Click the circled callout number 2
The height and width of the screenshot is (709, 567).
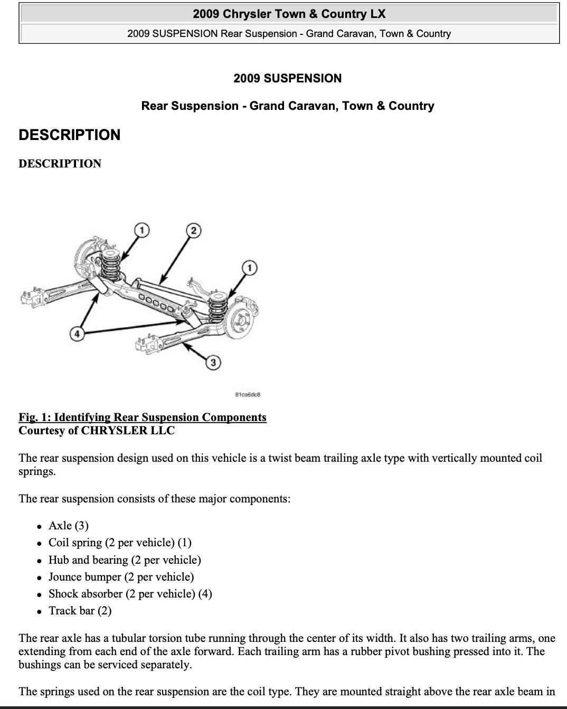click(194, 230)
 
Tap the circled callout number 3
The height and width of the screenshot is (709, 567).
click(213, 362)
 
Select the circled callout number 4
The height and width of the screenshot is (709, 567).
click(77, 333)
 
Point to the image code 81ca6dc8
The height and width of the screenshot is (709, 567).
click(247, 395)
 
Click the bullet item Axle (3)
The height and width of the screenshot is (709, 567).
click(69, 526)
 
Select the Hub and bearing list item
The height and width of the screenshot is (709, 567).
click(125, 560)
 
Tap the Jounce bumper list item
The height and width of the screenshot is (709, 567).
click(121, 577)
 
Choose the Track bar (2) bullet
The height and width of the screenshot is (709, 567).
click(80, 611)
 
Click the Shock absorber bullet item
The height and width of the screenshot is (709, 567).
click(130, 594)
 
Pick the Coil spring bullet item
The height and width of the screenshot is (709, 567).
click(120, 543)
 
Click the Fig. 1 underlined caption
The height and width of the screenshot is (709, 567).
click(143, 417)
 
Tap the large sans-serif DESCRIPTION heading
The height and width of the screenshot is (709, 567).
click(70, 135)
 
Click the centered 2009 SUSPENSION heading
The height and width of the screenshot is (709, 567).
click(287, 79)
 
